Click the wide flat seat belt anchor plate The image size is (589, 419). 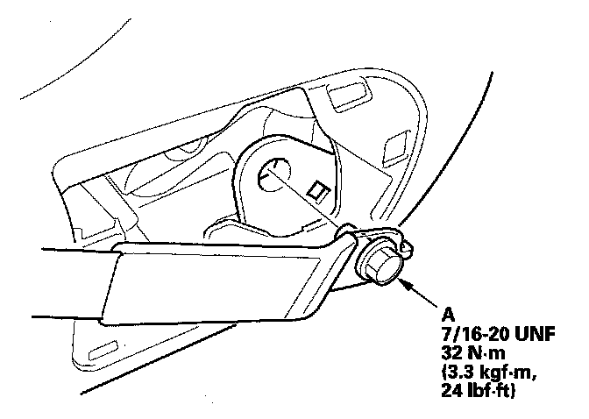click(x=228, y=281)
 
